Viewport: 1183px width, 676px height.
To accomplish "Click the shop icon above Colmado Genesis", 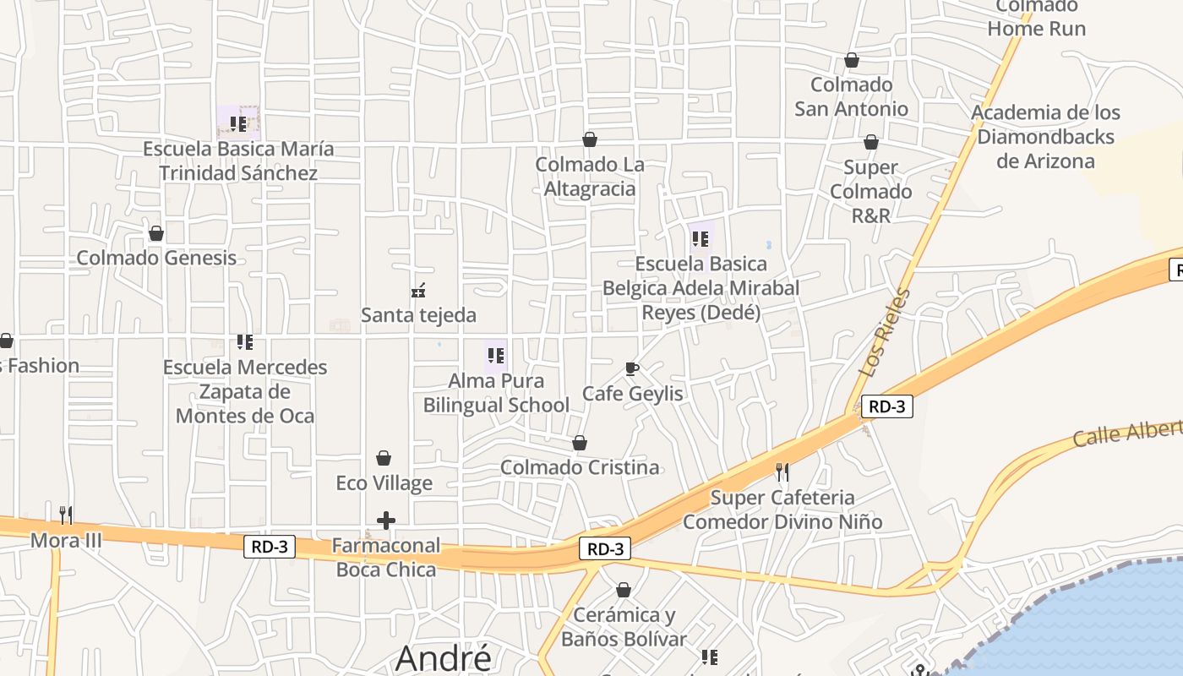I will click(156, 233).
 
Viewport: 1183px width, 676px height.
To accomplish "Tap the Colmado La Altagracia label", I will click(590, 177).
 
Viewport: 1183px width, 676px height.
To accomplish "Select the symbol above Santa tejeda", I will click(418, 292).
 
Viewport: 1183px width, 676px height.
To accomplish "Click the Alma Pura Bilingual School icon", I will click(496, 356).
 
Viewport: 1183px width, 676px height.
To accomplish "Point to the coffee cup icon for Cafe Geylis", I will click(631, 368).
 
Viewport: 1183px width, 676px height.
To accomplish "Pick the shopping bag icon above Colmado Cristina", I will click(580, 443).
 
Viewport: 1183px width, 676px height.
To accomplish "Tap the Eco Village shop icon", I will click(384, 458).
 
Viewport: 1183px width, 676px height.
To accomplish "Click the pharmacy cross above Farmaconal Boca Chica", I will click(385, 521).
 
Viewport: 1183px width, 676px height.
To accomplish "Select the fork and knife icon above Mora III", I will click(66, 515).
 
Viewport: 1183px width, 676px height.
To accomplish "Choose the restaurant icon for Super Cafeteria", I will click(782, 472).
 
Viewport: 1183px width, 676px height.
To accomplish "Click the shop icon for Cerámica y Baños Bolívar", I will click(624, 590).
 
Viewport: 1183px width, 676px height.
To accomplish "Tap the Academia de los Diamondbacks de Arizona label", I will click(1045, 137).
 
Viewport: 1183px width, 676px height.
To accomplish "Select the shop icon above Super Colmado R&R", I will click(871, 142).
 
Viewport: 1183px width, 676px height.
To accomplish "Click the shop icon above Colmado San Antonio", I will click(852, 61).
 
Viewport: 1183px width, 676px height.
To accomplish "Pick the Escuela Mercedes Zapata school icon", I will click(245, 342).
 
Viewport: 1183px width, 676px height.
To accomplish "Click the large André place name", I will click(443, 657).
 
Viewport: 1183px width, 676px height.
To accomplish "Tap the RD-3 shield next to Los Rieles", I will click(887, 406).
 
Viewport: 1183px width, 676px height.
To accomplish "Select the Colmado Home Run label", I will click(1036, 19).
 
